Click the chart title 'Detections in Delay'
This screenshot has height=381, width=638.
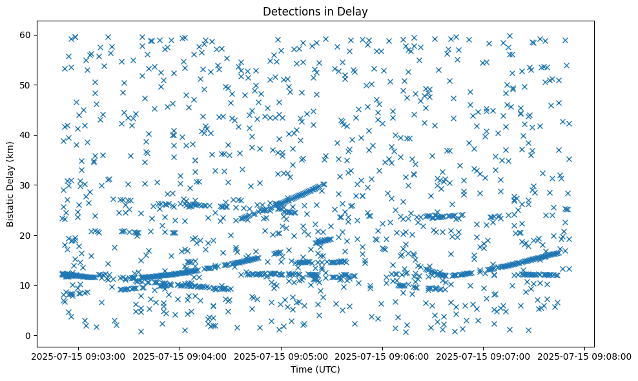pos(316,11)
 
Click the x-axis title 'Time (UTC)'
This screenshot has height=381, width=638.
pos(316,370)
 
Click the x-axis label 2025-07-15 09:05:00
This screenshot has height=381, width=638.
pos(281,357)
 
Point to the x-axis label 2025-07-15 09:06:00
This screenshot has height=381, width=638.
pos(382,357)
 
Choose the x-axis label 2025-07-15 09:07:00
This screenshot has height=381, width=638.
pos(484,357)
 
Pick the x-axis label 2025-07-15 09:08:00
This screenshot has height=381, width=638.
pos(586,357)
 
